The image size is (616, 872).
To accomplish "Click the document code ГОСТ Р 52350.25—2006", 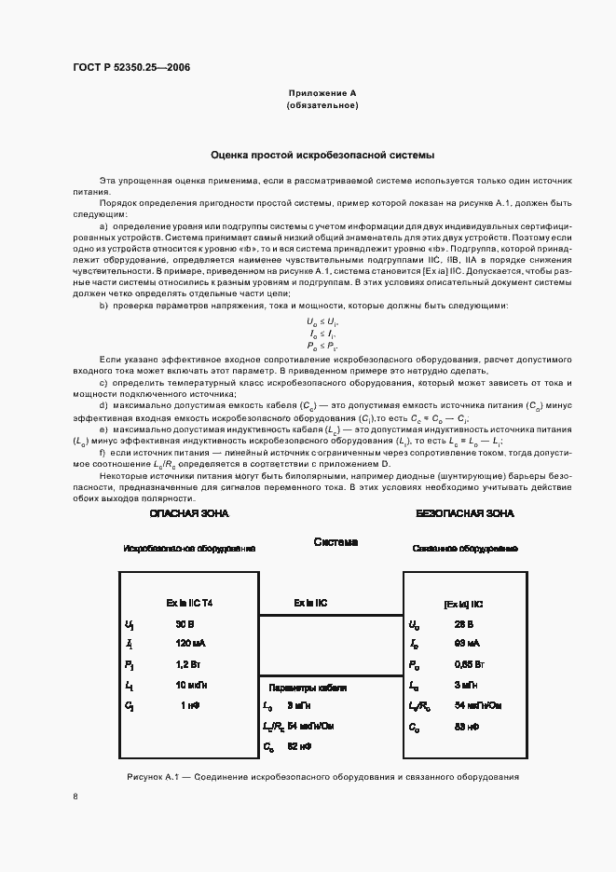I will click(x=131, y=68).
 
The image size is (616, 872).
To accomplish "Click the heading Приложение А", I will click(x=322, y=93).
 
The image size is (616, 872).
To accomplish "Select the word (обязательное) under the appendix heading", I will click(x=322, y=106).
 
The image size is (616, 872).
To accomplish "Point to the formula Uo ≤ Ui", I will click(x=322, y=320).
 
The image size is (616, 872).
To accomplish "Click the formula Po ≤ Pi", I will click(x=322, y=345).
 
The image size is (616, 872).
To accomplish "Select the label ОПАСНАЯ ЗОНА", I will click(x=189, y=513).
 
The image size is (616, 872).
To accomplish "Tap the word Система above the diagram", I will click(x=335, y=542).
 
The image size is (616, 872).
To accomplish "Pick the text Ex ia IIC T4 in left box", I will click(x=189, y=603).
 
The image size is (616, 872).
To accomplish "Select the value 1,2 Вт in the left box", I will click(x=189, y=664).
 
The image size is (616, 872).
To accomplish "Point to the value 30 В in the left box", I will click(x=185, y=624).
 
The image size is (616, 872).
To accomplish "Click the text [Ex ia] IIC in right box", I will click(x=464, y=604).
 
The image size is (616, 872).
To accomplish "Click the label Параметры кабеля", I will click(x=308, y=688).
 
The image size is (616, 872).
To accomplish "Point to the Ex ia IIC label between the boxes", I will click(x=310, y=603).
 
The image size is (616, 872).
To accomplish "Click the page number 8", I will click(x=75, y=797).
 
